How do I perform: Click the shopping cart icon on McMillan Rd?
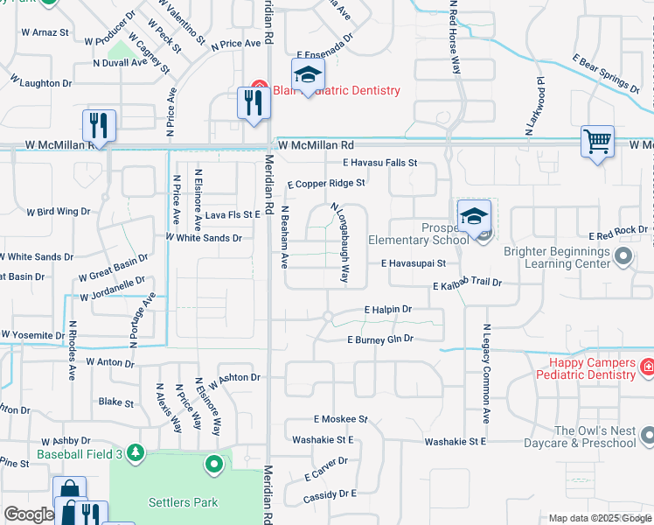[597, 141]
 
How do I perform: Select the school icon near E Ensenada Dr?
[308, 78]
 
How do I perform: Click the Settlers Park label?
[183, 502]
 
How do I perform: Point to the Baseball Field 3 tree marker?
[135, 452]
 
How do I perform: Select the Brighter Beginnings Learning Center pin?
[623, 256]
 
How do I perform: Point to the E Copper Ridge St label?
[326, 184]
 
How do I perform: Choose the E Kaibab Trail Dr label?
[468, 284]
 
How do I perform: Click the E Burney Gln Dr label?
[379, 339]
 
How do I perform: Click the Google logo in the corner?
[28, 514]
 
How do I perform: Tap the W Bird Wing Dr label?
[58, 212]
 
